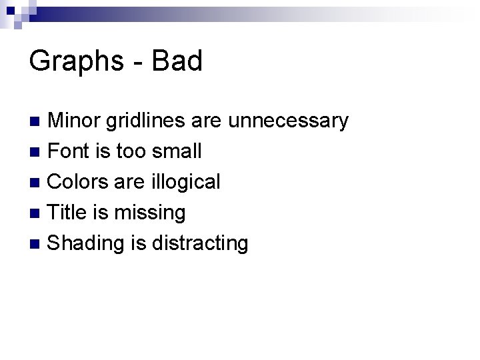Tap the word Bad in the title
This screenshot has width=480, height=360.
click(177, 61)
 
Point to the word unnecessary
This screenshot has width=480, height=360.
click(288, 121)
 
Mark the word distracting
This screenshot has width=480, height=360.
click(200, 243)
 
